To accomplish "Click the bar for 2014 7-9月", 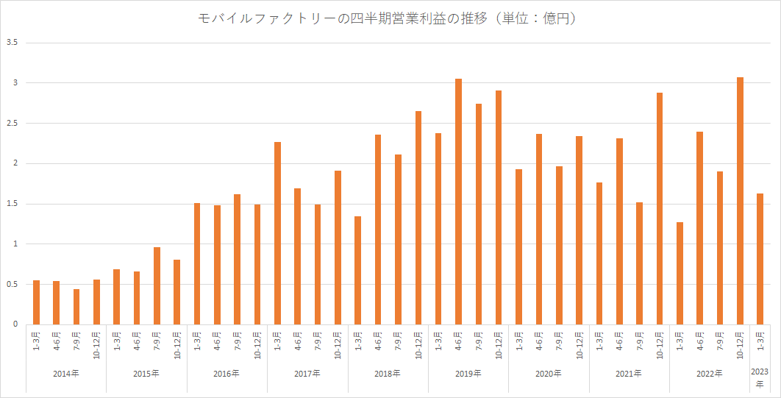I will (x=76, y=306).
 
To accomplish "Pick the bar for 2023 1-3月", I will (x=760, y=258).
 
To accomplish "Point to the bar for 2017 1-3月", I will (x=277, y=232).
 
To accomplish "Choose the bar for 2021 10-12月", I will (x=660, y=208).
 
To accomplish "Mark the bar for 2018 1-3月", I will (x=358, y=270).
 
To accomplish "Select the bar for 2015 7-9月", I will (x=157, y=285).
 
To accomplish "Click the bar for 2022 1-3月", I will (x=680, y=273).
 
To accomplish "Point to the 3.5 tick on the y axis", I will (x=11, y=43).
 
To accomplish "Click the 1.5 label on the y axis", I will (x=11, y=204).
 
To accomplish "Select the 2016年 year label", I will (x=227, y=374).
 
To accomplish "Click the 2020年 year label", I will (x=548, y=374).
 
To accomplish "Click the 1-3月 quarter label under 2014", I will (x=37, y=343).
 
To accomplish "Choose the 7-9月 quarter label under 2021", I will (x=640, y=343).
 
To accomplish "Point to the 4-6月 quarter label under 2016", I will (x=217, y=343).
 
